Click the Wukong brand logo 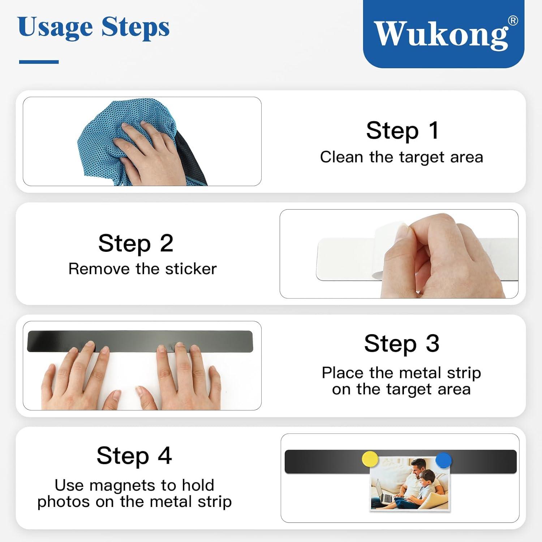443,34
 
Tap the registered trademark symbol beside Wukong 513,21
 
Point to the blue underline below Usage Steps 39,62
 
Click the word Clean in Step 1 341,157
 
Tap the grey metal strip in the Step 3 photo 140,341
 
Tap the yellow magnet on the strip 370,459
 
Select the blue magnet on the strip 443,460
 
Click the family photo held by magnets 410,484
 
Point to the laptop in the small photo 383,492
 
